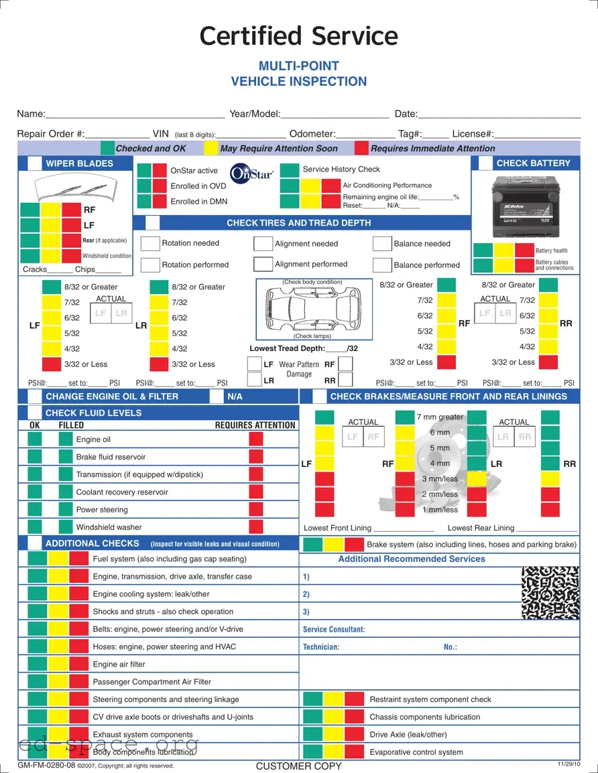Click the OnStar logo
[x=251, y=173]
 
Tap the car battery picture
[x=525, y=204]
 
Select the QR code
[x=550, y=592]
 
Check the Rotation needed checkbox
[x=150, y=243]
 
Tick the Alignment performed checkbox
[x=263, y=264]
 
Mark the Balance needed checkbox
[x=382, y=244]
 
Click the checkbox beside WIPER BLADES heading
[x=34, y=163]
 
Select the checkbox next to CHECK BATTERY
[x=485, y=163]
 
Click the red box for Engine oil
[x=255, y=439]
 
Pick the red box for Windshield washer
[x=255, y=527]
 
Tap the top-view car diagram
[x=314, y=309]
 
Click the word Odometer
[x=312, y=134]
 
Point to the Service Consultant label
[x=334, y=630]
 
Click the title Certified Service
[x=299, y=36]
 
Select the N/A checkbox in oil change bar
[x=217, y=397]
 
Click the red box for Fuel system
[x=79, y=559]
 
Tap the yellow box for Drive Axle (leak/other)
[x=333, y=734]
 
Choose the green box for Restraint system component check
[x=313, y=699]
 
